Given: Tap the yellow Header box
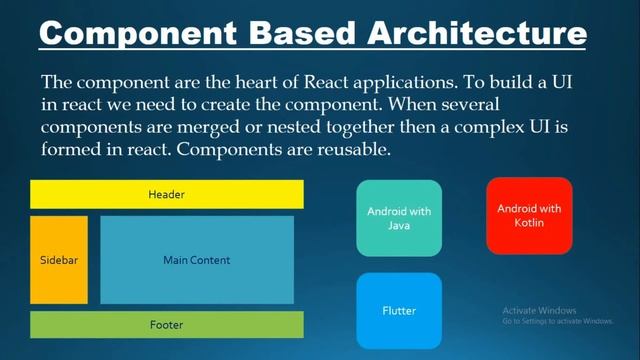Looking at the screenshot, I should [x=166, y=194].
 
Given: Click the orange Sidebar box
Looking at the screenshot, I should [x=59, y=260].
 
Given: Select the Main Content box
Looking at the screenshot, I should [x=197, y=260].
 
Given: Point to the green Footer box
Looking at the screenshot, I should [x=166, y=325].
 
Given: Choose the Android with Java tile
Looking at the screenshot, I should [x=398, y=218].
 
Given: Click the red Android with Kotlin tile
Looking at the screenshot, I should [x=529, y=215].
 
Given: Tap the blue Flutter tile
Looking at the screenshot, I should [x=398, y=310].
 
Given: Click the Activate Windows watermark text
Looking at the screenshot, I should [x=540, y=310].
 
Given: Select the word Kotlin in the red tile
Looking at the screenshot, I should [x=529, y=223].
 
